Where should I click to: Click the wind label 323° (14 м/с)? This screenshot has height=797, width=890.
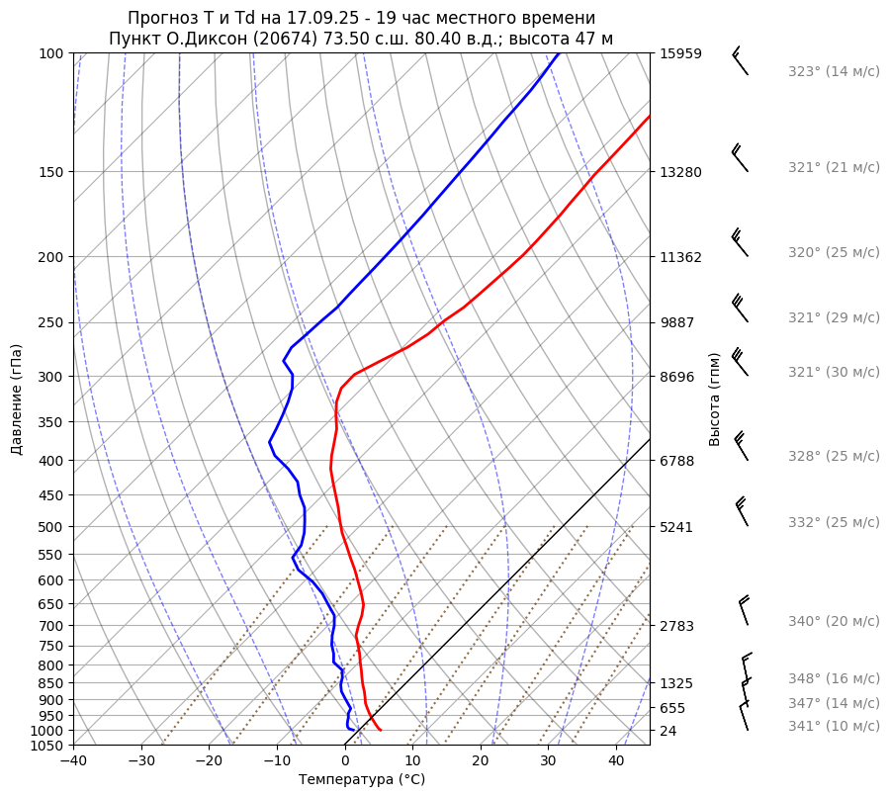834,71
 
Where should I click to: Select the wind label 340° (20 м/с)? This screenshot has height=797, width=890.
834,621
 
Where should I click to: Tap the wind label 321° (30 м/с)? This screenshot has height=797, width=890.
834,372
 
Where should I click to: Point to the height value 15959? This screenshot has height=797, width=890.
680,53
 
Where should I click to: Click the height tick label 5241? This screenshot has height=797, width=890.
676,527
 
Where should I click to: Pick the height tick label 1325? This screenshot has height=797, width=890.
676,683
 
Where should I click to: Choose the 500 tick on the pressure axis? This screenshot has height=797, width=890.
51,527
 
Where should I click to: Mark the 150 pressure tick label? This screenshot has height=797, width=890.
51,172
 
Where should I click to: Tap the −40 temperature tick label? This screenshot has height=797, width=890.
73,761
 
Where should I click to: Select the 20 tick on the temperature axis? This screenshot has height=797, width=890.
481,761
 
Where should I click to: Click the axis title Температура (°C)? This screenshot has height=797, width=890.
362,780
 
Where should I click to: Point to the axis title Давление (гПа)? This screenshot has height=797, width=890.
17,399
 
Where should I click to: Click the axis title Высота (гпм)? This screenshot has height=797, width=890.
715,399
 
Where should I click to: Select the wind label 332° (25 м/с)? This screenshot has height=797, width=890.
834,522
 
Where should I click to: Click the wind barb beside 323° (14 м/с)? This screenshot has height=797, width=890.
739,61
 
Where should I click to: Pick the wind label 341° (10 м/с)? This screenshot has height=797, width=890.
834,726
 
